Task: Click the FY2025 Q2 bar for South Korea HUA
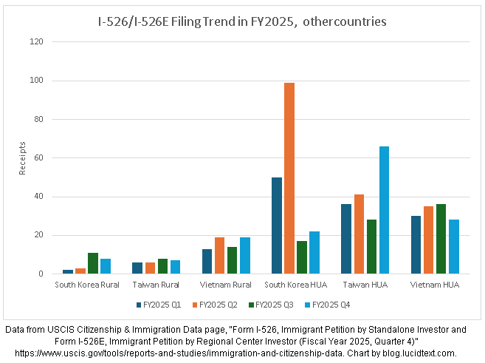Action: click(x=289, y=178)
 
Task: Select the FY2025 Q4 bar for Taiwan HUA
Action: click(x=384, y=210)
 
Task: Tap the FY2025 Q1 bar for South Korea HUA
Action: click(x=277, y=225)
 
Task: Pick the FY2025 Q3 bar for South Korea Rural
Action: click(x=93, y=263)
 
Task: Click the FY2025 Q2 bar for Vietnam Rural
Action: click(x=219, y=255)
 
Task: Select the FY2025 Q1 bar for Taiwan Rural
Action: click(x=137, y=268)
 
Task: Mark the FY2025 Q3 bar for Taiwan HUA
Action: click(x=371, y=246)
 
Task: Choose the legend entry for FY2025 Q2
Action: click(x=213, y=304)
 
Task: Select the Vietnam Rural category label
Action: click(x=226, y=284)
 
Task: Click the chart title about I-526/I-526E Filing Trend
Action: click(x=243, y=21)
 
